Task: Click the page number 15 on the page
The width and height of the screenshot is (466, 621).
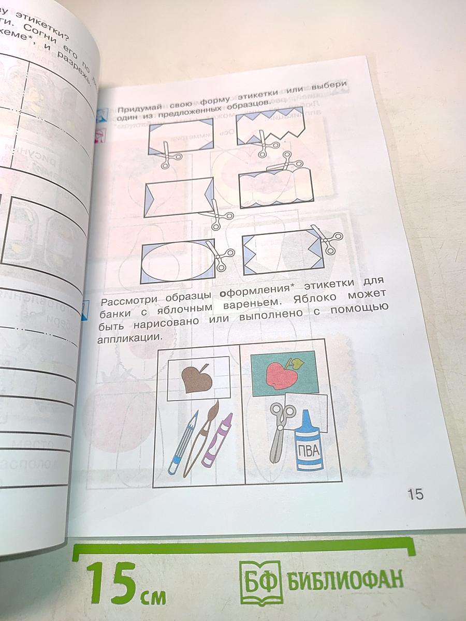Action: pyautogui.click(x=415, y=494)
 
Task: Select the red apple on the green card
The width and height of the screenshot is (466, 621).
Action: pyautogui.click(x=281, y=374)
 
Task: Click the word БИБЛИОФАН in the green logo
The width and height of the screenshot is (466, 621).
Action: pyautogui.click(x=345, y=579)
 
